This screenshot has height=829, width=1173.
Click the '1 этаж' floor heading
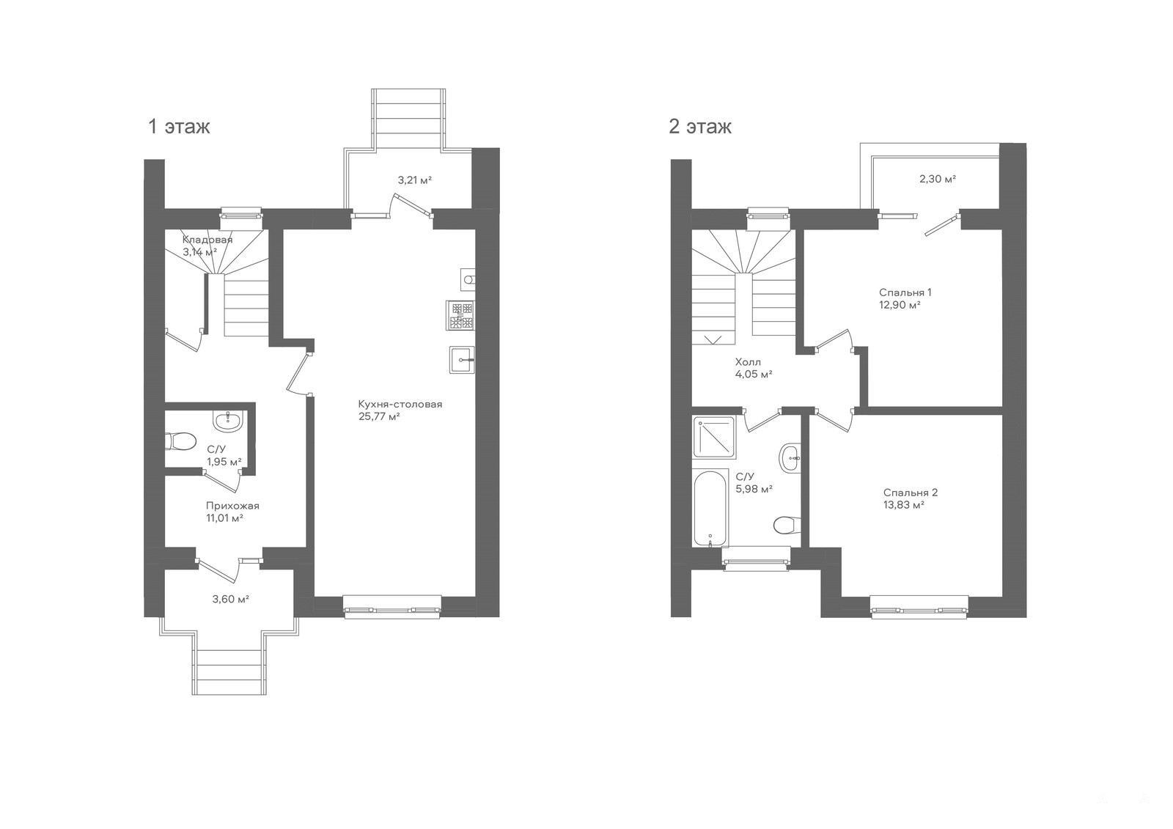click(x=179, y=126)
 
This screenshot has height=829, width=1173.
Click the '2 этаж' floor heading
click(x=700, y=126)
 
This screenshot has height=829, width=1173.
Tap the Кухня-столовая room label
click(x=400, y=405)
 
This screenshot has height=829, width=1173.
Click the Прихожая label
click(x=232, y=506)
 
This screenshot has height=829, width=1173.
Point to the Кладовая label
click(x=207, y=240)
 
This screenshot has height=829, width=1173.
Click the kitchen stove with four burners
click(x=461, y=315)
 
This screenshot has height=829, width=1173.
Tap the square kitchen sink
click(x=462, y=360)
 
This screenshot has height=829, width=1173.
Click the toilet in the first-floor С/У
click(x=180, y=441)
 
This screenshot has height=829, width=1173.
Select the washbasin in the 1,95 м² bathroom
click(x=228, y=421)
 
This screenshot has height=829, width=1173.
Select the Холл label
click(x=748, y=362)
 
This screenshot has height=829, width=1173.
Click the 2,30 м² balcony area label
click(x=938, y=179)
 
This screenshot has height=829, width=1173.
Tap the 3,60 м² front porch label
click(x=230, y=599)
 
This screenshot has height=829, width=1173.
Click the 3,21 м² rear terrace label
click(x=415, y=180)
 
